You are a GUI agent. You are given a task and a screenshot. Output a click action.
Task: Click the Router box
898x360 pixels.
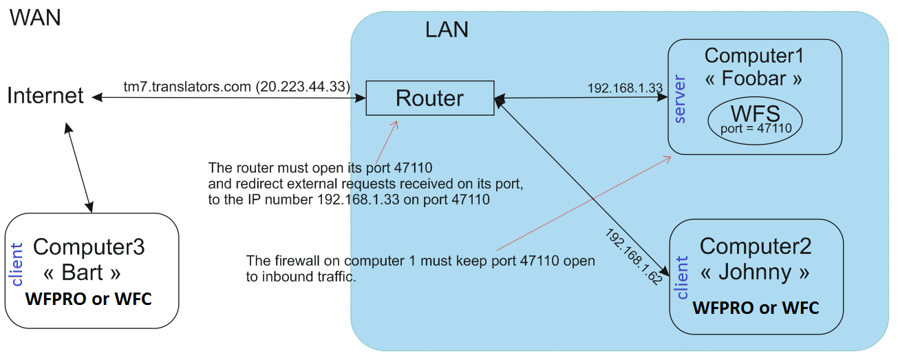(429, 98)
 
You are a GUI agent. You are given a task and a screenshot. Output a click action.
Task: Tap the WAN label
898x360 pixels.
(34, 17)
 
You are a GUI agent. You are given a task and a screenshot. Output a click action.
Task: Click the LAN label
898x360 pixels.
(447, 30)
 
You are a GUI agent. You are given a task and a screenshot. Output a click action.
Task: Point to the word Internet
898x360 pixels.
(45, 96)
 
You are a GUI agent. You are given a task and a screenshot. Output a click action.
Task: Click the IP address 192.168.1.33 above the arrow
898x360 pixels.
(625, 88)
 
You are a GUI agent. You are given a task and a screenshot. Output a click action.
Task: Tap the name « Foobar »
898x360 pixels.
(753, 78)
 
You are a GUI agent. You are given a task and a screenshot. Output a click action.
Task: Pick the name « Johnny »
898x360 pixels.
(755, 272)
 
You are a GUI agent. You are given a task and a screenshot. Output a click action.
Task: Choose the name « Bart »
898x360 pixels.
(82, 273)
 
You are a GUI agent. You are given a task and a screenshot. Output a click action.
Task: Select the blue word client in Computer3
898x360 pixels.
(17, 264)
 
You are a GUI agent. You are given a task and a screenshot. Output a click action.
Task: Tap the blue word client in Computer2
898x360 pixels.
(682, 277)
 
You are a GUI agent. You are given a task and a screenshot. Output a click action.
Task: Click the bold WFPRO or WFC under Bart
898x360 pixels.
(88, 299)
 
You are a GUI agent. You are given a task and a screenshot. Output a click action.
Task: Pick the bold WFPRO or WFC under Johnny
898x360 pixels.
(756, 307)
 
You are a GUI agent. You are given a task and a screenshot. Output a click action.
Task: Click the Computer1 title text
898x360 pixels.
(754, 56)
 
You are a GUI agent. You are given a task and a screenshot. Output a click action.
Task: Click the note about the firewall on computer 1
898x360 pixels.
(420, 269)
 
